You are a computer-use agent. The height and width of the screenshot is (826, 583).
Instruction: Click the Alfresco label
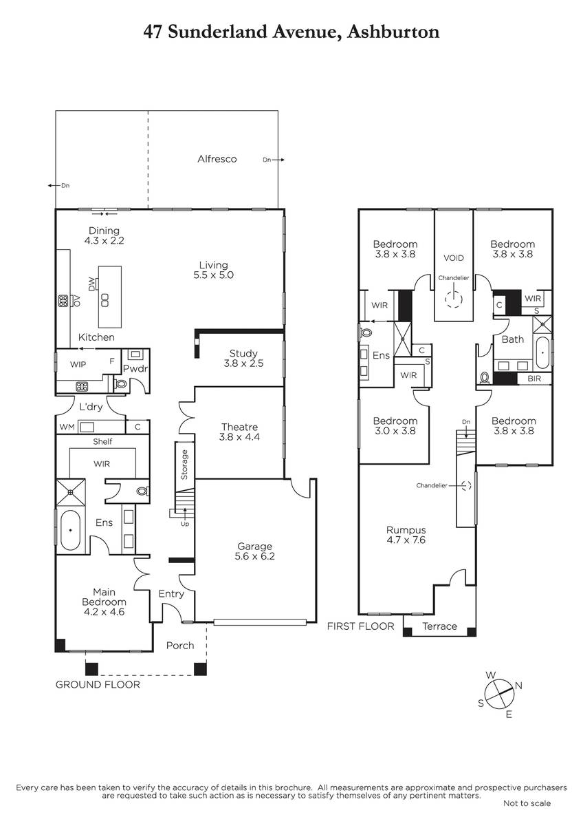[217, 159]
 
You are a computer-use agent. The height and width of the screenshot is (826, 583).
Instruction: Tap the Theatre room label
[239, 432]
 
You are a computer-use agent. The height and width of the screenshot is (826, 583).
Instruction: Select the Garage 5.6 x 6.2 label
[254, 551]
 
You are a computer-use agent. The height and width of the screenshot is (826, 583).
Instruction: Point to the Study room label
[243, 359]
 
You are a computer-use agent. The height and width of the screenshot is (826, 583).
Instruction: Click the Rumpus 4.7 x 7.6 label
[406, 535]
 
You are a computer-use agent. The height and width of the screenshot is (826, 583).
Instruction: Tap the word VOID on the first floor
[453, 258]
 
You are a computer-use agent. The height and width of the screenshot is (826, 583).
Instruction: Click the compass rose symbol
[499, 695]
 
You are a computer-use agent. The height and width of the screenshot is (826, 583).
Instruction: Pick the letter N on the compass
[518, 686]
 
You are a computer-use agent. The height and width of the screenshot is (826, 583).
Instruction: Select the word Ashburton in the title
[393, 32]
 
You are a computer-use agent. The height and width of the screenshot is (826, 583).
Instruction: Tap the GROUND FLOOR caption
[98, 685]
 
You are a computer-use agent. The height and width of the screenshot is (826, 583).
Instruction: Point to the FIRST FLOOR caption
[360, 626]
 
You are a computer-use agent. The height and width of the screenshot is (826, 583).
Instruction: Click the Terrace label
[439, 626]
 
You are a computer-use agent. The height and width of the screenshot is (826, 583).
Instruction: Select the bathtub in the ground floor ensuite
[70, 530]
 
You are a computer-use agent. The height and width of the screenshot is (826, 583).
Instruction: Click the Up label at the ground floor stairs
[184, 524]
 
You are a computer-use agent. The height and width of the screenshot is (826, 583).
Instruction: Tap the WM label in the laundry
[67, 427]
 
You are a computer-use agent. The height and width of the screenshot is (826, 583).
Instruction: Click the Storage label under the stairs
[184, 465]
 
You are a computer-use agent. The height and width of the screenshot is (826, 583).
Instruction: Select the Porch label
[180, 646]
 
